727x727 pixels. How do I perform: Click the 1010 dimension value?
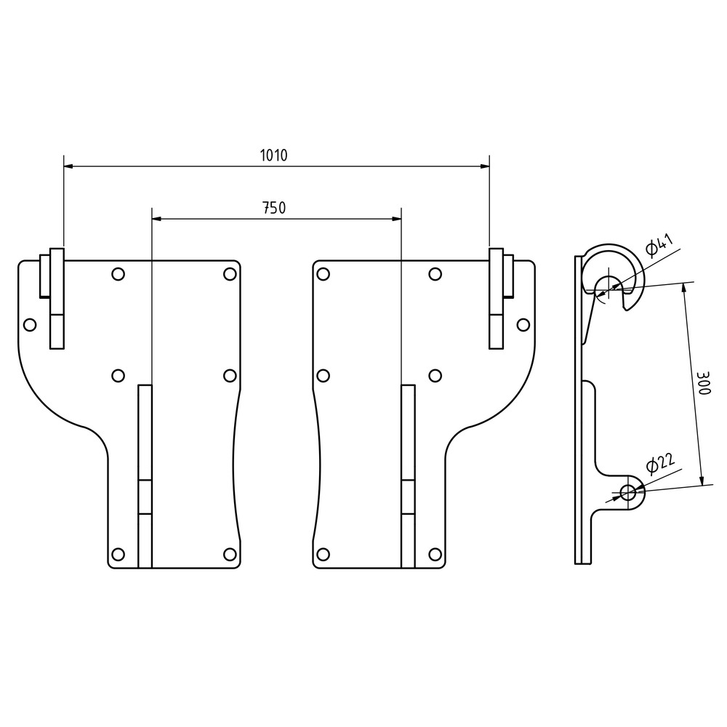pos(273,155)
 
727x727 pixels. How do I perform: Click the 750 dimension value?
pos(275,208)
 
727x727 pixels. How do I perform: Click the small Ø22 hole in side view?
pos(628,492)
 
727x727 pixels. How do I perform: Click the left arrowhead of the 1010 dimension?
pos(68,166)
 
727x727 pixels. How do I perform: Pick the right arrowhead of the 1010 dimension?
pos(485,166)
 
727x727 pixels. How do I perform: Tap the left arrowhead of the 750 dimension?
pos(157,219)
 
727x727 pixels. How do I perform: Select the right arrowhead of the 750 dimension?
pos(396,219)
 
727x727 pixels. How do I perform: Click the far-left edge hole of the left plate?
pos(30,324)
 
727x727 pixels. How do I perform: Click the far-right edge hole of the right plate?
pos(523,324)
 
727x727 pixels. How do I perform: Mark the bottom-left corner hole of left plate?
pos(119,553)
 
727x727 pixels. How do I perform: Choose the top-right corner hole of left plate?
pos(230,274)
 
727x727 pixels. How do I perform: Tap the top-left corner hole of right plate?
pos(324,274)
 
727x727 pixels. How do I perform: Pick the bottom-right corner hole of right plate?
pos(435,553)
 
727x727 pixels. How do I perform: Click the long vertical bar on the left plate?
pos(145,476)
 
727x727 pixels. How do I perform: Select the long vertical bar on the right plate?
pos(408,476)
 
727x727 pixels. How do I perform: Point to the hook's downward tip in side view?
pos(628,309)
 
